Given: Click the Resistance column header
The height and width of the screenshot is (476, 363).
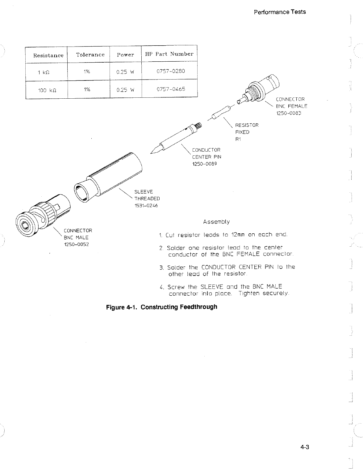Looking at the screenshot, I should pyautogui.click(x=48, y=55).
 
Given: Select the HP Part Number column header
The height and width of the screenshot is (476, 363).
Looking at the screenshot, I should pyautogui.click(x=169, y=54).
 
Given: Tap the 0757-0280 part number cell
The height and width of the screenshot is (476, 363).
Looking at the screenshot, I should pyautogui.click(x=171, y=71).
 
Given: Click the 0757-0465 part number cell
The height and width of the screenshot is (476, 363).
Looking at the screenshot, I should pyautogui.click(x=171, y=89).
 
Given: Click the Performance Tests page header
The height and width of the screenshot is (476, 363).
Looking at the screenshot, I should pyautogui.click(x=279, y=12).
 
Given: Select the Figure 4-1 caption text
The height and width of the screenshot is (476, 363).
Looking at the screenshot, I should pyautogui.click(x=161, y=307).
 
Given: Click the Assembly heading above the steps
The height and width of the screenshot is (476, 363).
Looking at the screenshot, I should pyautogui.click(x=216, y=222).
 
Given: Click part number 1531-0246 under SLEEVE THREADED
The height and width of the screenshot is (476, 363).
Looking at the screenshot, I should pyautogui.click(x=146, y=206).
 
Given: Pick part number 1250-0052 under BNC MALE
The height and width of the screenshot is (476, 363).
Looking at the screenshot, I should pyautogui.click(x=76, y=244).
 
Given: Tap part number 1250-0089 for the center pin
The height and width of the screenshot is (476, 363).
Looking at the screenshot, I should pyautogui.click(x=204, y=164).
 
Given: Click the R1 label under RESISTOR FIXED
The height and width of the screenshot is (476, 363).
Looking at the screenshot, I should pyautogui.click(x=238, y=139).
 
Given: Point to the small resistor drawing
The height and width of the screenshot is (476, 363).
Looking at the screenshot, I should pyautogui.click(x=220, y=113).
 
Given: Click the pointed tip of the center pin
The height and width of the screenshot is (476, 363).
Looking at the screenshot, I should pyautogui.click(x=152, y=151).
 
